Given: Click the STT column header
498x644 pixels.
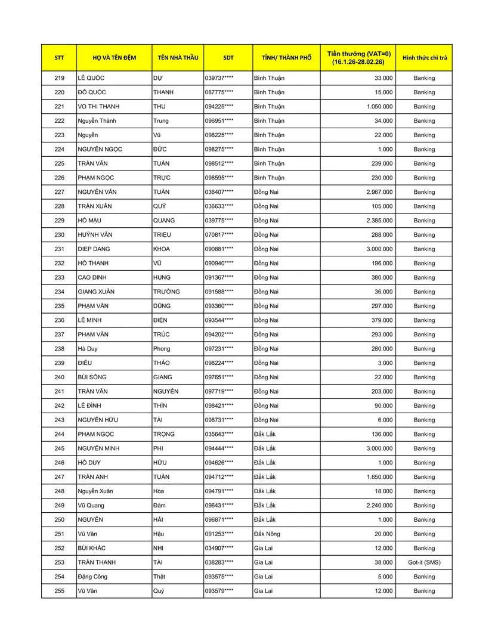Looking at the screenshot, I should (59, 58).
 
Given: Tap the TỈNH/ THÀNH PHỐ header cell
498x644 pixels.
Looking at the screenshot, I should (286, 58).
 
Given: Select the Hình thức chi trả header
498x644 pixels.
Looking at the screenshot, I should (424, 58).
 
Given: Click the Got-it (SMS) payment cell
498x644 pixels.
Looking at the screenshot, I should (424, 562).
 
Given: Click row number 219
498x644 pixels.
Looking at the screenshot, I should (59, 78).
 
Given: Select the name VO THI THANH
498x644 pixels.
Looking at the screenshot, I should (98, 107).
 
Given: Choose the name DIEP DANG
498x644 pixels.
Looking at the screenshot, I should (94, 249).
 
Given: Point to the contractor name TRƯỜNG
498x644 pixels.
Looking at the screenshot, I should (166, 292).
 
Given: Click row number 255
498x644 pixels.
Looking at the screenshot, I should (59, 591).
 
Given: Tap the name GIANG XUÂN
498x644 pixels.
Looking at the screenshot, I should (96, 292).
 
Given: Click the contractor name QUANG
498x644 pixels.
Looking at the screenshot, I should (164, 221).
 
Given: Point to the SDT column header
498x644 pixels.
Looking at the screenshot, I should (228, 58).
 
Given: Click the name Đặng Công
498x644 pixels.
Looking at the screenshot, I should (92, 577).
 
